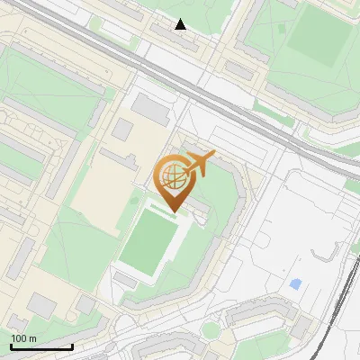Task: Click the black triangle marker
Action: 181,24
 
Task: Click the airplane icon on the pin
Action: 198,164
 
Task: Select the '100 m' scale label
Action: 23,338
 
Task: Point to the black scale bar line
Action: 41,347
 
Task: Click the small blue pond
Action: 295,285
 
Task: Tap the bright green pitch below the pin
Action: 149,243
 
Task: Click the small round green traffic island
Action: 211,330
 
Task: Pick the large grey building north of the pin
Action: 151,109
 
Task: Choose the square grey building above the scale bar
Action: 40,306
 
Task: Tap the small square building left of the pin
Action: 121,130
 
